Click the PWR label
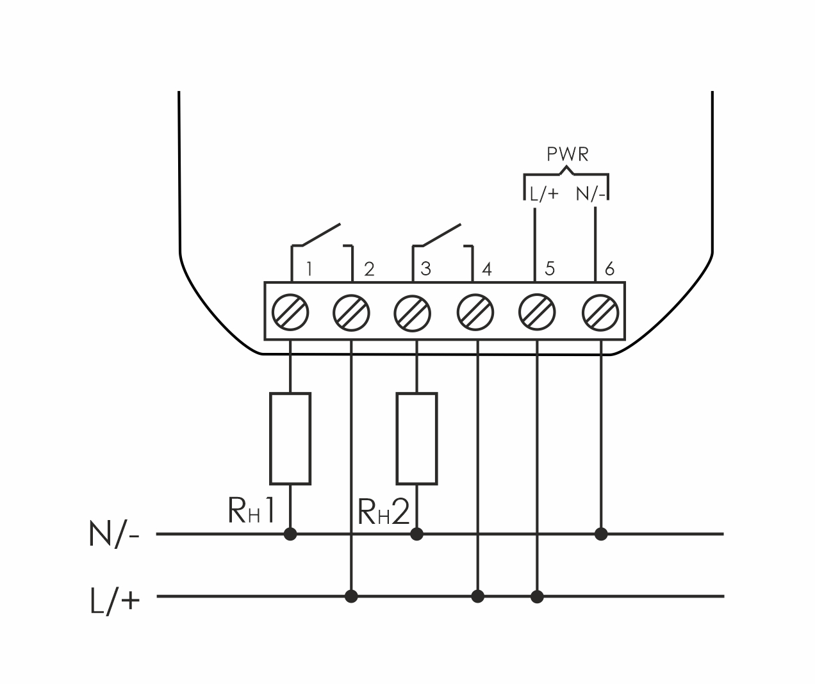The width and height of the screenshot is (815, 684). coord(567,154)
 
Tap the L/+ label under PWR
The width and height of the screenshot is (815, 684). coord(544,194)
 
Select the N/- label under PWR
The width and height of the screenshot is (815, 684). coord(591,194)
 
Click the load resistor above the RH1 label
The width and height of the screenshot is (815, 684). coord(291,439)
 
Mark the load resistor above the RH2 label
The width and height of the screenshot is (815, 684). coord(417,439)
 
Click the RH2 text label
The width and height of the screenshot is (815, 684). coord(383,512)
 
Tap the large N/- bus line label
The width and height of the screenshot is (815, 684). coord(114,534)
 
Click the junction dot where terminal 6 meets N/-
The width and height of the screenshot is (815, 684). coord(601,533)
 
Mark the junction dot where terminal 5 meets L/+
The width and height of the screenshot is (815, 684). coord(538,597)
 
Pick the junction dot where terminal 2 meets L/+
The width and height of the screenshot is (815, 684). coord(350,597)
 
